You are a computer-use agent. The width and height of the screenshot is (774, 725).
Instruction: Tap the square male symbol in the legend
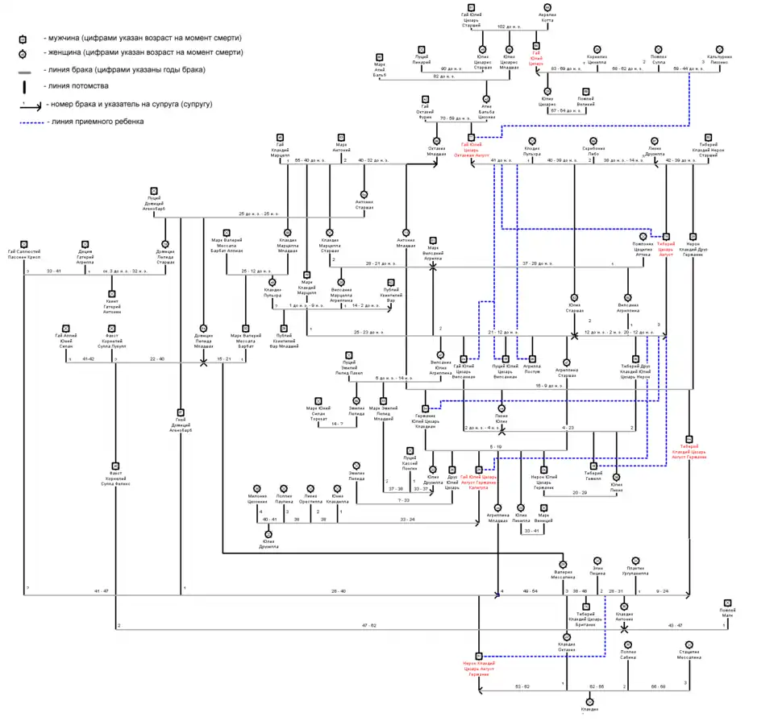pos(23,38)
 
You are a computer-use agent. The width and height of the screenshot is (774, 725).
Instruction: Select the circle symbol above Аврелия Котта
pos(547,6)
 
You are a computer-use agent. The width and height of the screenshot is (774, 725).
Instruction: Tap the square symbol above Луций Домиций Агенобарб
pos(154,189)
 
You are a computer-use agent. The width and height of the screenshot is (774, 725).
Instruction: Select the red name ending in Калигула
pos(479,482)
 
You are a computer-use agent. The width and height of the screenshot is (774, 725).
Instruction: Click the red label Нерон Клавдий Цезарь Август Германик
pos(479,669)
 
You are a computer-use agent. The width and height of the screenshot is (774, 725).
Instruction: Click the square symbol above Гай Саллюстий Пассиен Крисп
pos(24,243)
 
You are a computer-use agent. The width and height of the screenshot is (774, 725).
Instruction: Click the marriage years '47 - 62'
pos(368,624)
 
